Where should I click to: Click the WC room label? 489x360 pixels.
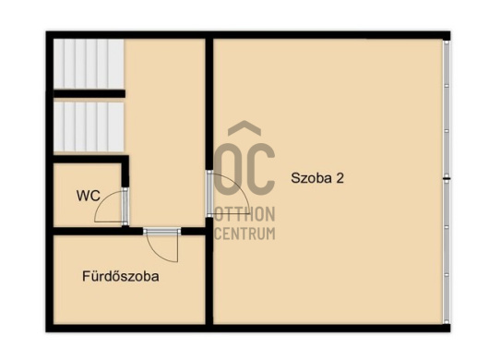point(89,196)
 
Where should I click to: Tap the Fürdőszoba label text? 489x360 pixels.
point(121,276)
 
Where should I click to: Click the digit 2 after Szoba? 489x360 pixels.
point(340,178)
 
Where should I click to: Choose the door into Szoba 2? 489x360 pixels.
point(209,194)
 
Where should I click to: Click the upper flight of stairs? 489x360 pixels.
point(89,64)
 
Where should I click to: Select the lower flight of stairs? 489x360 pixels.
point(89,127)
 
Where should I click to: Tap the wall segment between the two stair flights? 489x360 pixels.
point(89,93)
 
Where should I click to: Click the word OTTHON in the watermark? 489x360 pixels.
point(244,214)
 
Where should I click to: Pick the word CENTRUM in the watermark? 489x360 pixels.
point(244,234)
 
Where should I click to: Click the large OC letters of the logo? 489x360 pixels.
point(244,169)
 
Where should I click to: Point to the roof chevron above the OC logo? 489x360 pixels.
point(244,127)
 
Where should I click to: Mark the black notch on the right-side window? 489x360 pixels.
point(447,179)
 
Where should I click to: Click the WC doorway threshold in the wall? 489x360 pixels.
point(125,206)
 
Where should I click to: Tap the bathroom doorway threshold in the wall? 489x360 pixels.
point(161,231)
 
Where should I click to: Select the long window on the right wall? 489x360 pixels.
point(447,182)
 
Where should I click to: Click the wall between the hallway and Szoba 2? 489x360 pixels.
point(209,104)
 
